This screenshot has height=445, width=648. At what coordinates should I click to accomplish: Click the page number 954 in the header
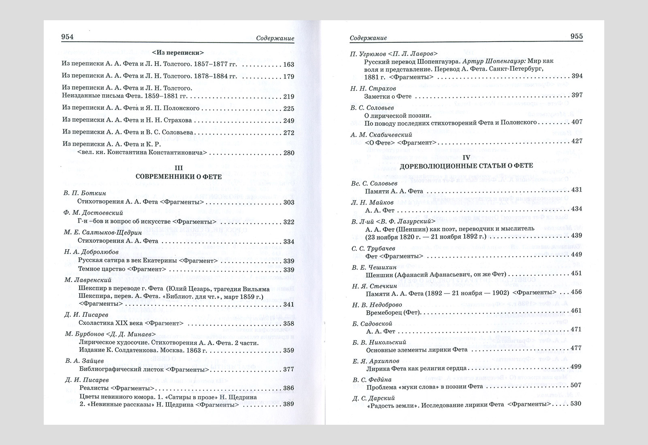click(x=67, y=37)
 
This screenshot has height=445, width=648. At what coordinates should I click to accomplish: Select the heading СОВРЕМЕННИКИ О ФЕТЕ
click(x=178, y=176)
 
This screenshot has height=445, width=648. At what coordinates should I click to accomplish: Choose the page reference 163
click(x=289, y=64)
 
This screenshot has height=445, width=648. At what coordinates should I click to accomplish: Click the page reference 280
click(x=289, y=153)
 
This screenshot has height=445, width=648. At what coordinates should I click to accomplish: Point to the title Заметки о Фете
click(x=388, y=96)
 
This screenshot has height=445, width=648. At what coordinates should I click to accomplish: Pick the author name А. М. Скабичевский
click(x=381, y=134)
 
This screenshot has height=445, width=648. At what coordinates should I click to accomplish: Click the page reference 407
click(x=577, y=122)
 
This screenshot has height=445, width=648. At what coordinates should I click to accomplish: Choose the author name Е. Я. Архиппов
click(x=376, y=361)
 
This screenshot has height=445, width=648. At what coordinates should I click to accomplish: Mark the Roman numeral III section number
click(x=178, y=167)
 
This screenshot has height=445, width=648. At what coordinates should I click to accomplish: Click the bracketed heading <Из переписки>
click(x=178, y=52)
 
